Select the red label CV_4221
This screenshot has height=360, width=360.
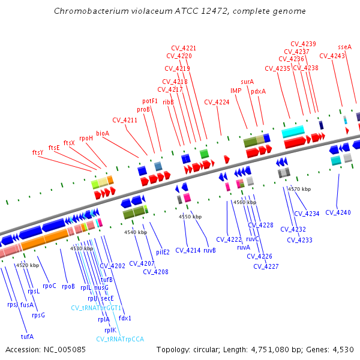click(x=184, y=48)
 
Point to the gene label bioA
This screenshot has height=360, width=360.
click(x=103, y=133)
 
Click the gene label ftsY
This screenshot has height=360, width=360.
click(x=38, y=152)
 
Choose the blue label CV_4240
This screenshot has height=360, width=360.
click(x=338, y=212)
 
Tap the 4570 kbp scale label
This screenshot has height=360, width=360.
click(x=299, y=189)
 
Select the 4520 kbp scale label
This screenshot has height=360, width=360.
click(x=27, y=265)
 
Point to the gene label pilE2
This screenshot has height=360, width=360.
click(x=163, y=252)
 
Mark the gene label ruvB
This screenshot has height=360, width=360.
click(x=210, y=250)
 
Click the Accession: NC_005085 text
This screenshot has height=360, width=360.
click(x=46, y=349)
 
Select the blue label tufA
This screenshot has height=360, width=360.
click(x=27, y=336)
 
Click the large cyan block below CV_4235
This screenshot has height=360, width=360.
click(x=293, y=131)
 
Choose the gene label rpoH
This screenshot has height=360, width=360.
click(x=86, y=138)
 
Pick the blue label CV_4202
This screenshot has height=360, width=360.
click(x=112, y=265)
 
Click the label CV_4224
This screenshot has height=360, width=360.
click(x=217, y=102)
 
